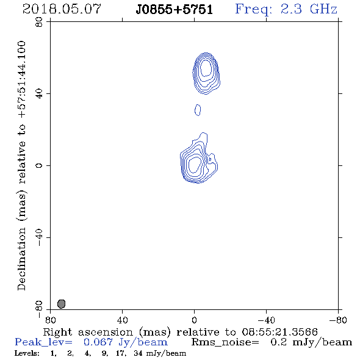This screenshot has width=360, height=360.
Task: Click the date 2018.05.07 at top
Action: coord(62,9)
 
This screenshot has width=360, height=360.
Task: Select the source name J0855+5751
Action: coord(175,10)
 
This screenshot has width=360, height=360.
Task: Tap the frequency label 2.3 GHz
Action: coord(309,9)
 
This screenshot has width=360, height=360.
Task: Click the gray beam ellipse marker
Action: coord(61,304)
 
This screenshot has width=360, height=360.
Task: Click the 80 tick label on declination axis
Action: coord(39,22)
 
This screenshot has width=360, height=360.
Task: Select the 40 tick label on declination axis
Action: coord(39,94)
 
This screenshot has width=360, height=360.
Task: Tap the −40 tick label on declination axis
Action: coord(39,237)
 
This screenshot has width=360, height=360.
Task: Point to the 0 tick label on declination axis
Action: coord(39,165)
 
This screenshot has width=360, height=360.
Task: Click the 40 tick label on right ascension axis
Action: coord(122,320)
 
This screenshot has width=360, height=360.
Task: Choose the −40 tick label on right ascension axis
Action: coord(266,320)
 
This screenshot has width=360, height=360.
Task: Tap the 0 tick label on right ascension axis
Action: coord(194,320)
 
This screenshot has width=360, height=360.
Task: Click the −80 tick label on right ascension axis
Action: coord(338,320)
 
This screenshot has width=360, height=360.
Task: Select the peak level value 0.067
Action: coord(98,342)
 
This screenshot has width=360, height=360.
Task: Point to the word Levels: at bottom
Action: coord(27,353)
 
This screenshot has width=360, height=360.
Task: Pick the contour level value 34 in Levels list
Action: coord(139,353)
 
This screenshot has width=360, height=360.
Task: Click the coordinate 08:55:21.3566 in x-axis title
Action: coord(279,332)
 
